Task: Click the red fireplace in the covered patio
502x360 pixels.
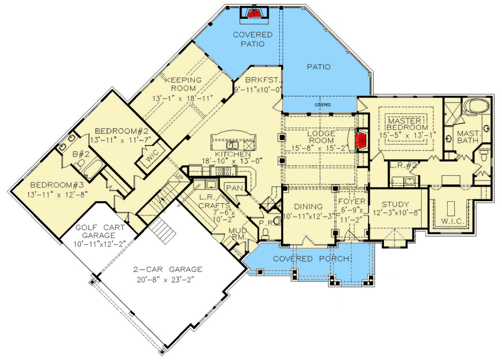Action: (x=255, y=13)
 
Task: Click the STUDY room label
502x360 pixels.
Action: (x=396, y=205)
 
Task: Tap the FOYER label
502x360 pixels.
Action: (x=353, y=201)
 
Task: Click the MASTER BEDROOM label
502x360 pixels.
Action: (x=408, y=124)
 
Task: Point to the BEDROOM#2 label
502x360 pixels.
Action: (x=118, y=130)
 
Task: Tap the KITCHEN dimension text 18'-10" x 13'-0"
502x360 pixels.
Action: (x=232, y=160)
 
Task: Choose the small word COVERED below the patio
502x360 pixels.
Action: (x=322, y=104)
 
